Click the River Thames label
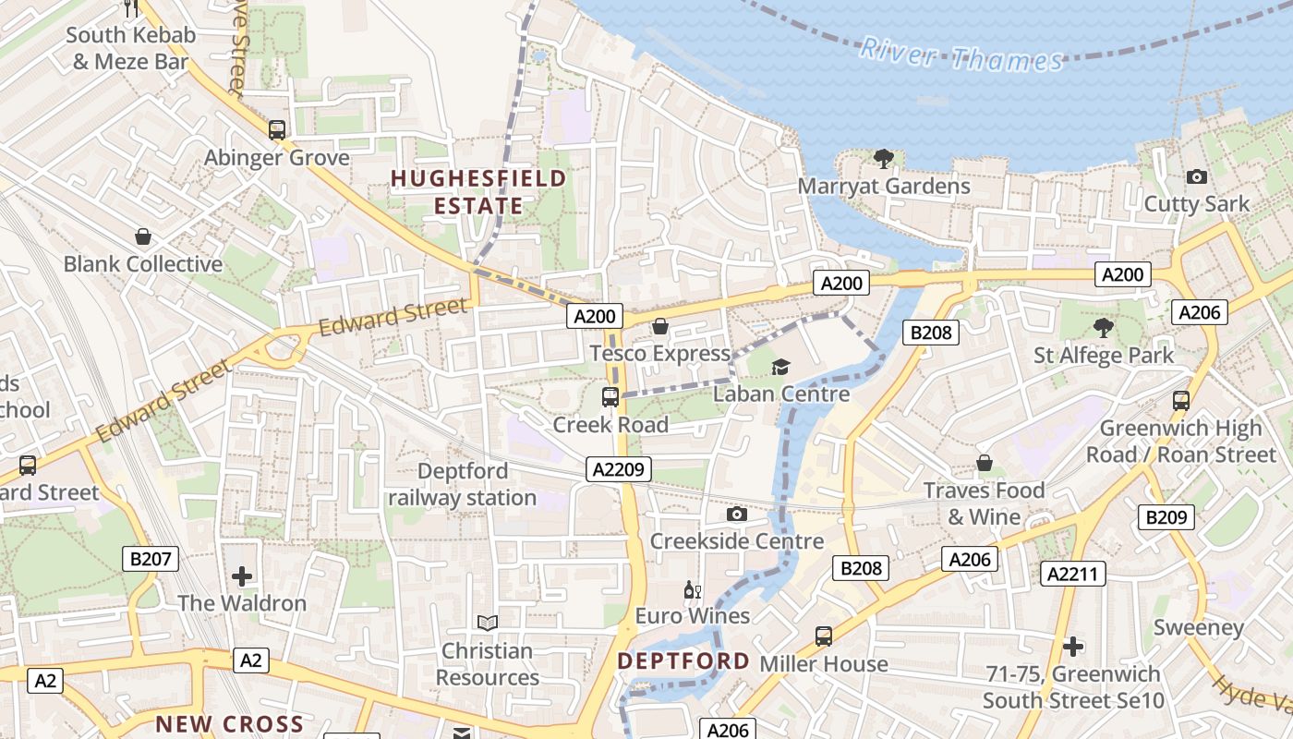point(961,55)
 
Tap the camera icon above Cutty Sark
point(1196,176)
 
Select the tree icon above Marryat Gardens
point(884,159)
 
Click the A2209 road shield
point(618,469)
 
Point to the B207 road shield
point(150,558)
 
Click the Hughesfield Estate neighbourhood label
point(477,191)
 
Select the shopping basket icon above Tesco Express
point(659,326)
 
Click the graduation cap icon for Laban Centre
point(780,368)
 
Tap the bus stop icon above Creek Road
point(610,397)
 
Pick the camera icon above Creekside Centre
point(736,514)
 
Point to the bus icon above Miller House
point(823,636)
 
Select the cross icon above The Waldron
point(242,576)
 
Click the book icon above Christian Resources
point(487,624)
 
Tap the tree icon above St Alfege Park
point(1103,327)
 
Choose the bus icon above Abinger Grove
point(276,130)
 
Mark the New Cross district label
point(229,723)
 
